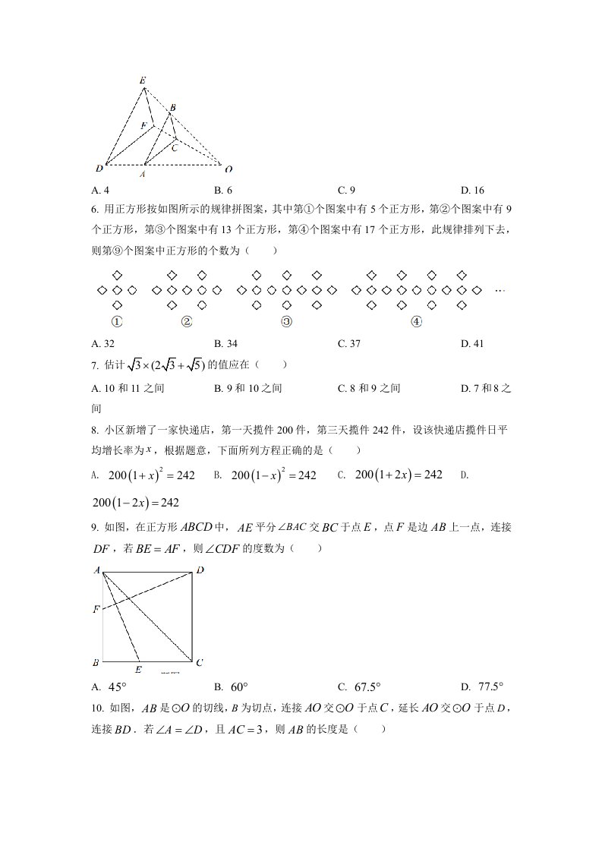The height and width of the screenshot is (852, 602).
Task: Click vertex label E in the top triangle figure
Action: click(143, 80)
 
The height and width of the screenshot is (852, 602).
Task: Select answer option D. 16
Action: click(472, 191)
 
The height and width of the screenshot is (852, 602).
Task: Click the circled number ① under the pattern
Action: click(117, 321)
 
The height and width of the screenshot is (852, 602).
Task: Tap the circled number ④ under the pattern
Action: click(416, 321)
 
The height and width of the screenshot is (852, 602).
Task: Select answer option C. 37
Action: click(349, 343)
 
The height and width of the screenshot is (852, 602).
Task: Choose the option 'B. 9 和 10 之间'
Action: click(248, 389)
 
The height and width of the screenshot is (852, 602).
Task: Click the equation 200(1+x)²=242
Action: click(152, 475)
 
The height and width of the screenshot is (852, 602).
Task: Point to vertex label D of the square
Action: click(200, 570)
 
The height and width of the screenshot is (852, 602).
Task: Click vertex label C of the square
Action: click(199, 662)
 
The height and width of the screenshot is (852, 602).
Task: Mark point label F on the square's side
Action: click(96, 609)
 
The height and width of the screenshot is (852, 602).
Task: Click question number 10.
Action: click(96, 709)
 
